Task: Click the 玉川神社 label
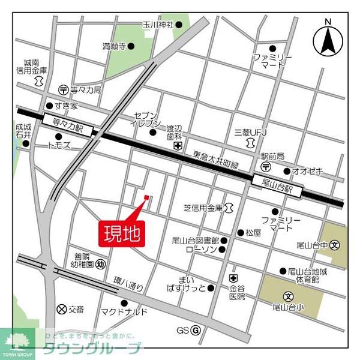click(158, 25)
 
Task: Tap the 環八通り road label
click(128, 284)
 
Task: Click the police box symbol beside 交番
click(61, 310)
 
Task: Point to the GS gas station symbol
click(196, 330)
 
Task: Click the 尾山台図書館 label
click(196, 240)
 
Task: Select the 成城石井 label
click(23, 131)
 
